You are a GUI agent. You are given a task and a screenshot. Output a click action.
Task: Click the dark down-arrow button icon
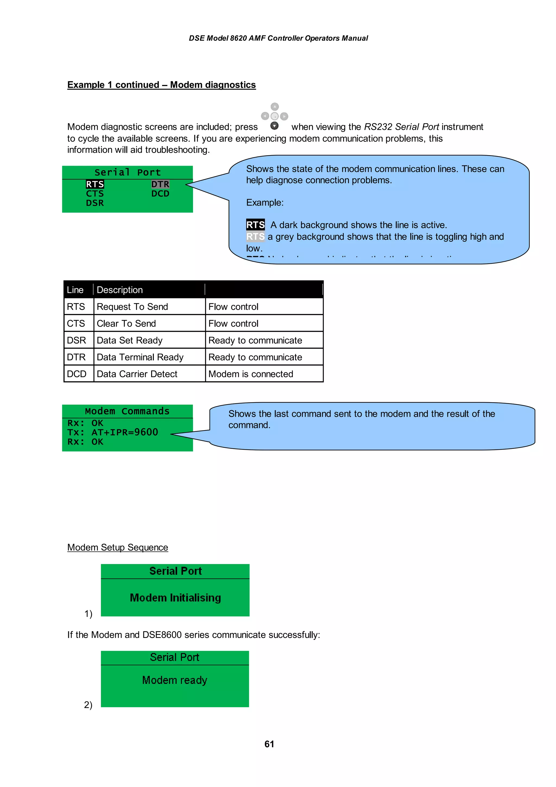click(x=274, y=126)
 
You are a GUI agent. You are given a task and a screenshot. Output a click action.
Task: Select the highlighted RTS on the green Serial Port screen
click(x=95, y=184)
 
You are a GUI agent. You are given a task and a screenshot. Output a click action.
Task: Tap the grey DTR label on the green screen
click(x=160, y=184)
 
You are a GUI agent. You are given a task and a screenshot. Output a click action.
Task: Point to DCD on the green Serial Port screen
click(x=160, y=194)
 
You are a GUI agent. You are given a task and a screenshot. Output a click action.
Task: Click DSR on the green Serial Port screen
click(x=95, y=203)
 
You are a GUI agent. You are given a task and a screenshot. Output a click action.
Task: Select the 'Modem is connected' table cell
click(x=251, y=374)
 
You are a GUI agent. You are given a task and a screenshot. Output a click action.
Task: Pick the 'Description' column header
click(x=119, y=290)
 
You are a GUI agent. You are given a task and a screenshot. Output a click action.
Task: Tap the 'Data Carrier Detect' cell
click(x=137, y=374)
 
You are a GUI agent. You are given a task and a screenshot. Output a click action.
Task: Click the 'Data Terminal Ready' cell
click(x=140, y=357)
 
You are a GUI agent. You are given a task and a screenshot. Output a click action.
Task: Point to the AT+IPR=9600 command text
click(x=125, y=432)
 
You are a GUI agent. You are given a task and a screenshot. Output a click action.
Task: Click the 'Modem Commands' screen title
click(x=127, y=411)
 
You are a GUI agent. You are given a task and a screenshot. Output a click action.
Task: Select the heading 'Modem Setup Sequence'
click(x=118, y=547)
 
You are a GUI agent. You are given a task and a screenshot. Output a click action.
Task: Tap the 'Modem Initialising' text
click(x=175, y=598)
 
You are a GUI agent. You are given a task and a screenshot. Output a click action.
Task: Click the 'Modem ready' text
click(x=175, y=680)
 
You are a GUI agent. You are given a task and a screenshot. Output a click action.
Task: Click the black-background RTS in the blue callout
click(x=255, y=225)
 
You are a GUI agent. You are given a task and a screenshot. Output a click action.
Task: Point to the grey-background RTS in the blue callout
click(x=255, y=237)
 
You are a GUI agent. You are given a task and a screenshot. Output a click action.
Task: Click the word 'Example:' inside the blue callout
click(x=265, y=203)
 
